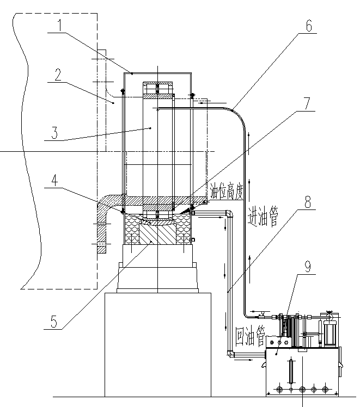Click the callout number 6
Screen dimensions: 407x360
[x=309, y=25]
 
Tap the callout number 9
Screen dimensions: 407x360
[x=309, y=266]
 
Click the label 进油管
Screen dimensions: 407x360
[x=263, y=217]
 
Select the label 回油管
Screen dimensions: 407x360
[x=249, y=336]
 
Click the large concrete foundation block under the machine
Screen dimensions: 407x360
[x=157, y=343]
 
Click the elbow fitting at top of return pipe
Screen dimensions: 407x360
[x=229, y=213]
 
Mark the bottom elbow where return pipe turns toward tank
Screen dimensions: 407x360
[x=230, y=355]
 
